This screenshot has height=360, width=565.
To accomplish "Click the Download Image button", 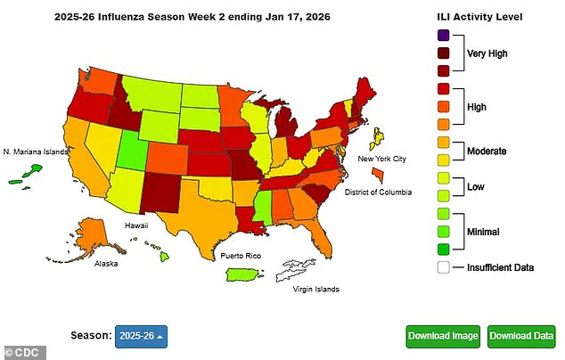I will click(x=443, y=336).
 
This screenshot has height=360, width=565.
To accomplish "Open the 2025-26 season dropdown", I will click(x=143, y=336).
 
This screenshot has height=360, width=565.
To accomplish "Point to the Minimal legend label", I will click(x=486, y=232).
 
